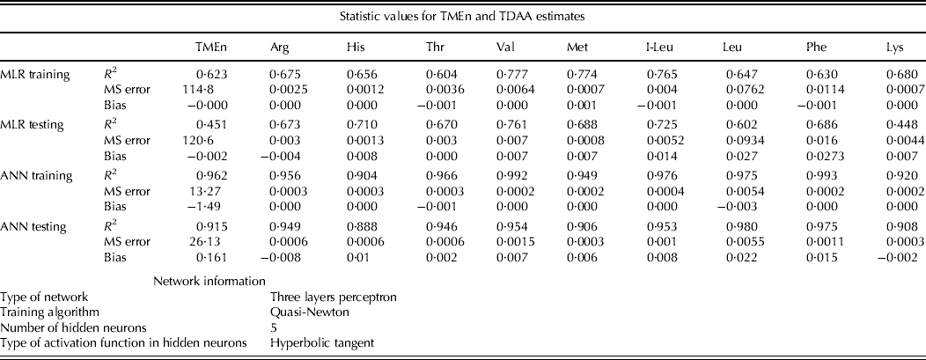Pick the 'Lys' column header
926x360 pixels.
click(897, 50)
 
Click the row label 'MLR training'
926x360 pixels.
click(37, 73)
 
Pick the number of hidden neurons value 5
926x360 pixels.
click(274, 326)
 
